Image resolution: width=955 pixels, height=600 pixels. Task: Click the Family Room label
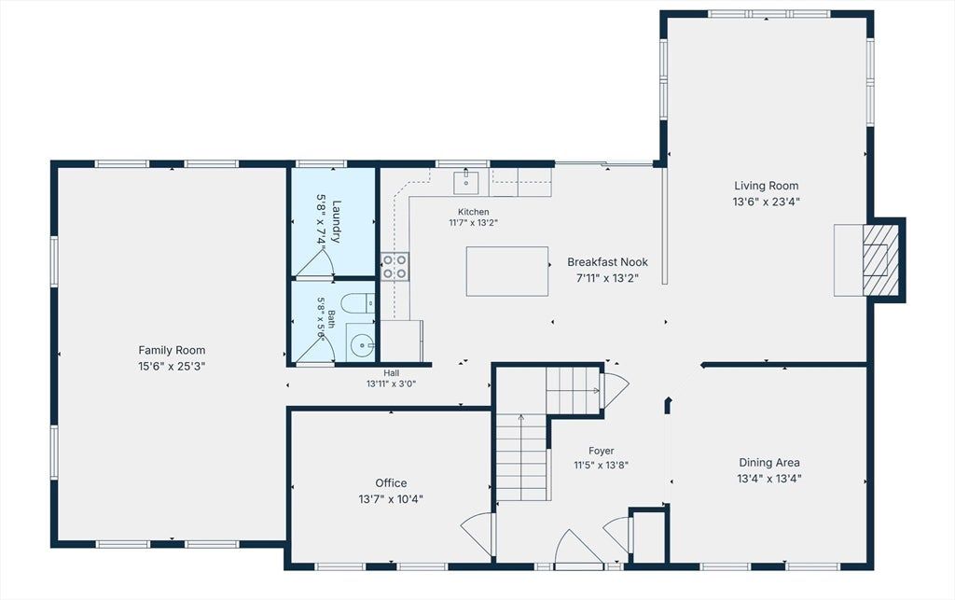(x=172, y=350)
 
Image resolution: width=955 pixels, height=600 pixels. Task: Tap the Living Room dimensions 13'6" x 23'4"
(x=767, y=202)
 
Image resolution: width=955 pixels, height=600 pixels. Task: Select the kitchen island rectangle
(x=507, y=271)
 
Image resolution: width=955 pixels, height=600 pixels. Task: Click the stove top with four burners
(x=395, y=267)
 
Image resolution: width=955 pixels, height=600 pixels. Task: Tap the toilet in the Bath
(x=358, y=303)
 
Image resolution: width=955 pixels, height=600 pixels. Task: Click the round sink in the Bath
(x=362, y=345)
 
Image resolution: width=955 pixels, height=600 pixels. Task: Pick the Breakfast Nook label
(x=607, y=262)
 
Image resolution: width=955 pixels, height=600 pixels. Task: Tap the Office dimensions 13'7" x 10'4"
(x=391, y=499)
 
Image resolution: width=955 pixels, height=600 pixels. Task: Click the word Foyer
(x=602, y=451)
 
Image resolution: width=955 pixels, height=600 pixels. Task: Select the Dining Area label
(x=769, y=462)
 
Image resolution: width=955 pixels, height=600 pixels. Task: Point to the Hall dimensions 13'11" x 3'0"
(x=391, y=384)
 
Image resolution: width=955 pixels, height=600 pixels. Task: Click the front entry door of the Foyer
(x=578, y=549)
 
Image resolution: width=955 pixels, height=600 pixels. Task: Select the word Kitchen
(x=473, y=212)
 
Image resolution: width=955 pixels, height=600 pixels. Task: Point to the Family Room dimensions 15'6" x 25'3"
(x=172, y=367)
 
